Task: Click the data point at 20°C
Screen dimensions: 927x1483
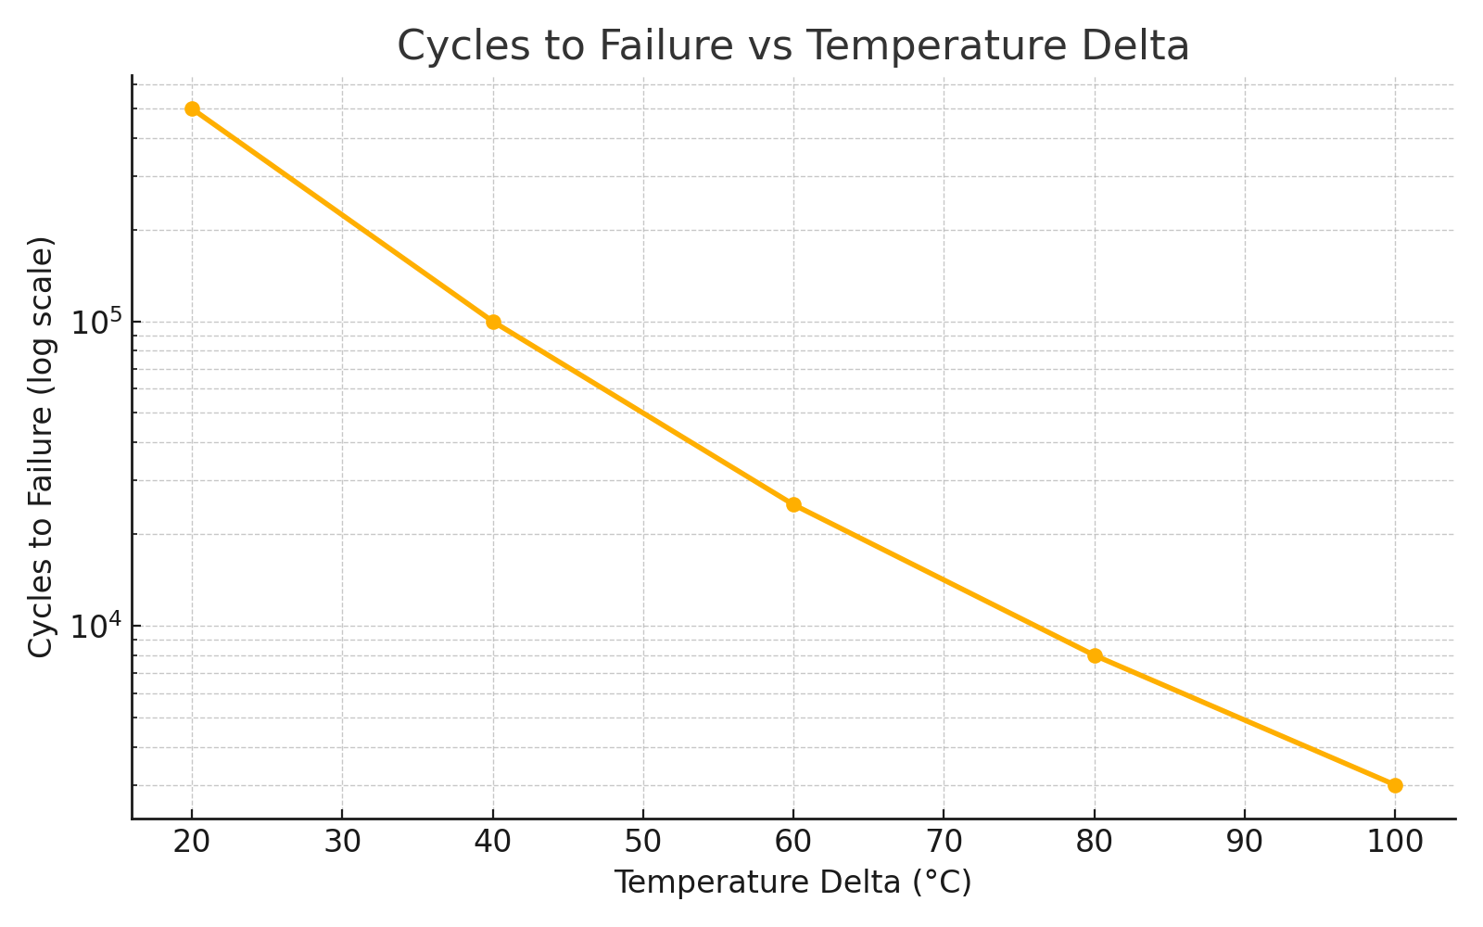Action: click(x=192, y=108)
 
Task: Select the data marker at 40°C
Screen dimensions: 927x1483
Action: click(x=493, y=322)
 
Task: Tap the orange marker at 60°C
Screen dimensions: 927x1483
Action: click(x=793, y=504)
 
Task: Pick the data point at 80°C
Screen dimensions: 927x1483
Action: click(x=1095, y=655)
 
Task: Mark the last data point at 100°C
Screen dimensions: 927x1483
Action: click(x=1395, y=785)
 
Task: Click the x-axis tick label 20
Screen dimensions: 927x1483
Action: click(x=192, y=842)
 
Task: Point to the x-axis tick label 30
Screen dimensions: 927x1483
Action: click(x=342, y=842)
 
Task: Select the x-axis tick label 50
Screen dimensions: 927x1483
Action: click(x=643, y=842)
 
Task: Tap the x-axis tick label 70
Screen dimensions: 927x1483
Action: click(x=944, y=842)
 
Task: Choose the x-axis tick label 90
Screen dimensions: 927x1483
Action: click(x=1245, y=842)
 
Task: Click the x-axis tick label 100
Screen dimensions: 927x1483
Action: click(x=1395, y=842)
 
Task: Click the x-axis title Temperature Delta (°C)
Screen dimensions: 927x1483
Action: click(x=792, y=883)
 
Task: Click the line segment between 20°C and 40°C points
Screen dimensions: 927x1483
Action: click(x=342, y=215)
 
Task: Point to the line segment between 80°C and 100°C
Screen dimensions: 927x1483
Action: click(x=1245, y=720)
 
